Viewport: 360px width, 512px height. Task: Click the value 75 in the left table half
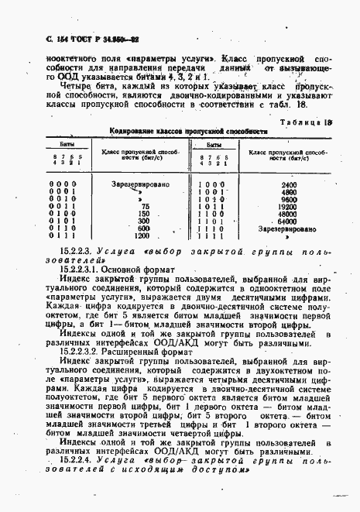[142, 208]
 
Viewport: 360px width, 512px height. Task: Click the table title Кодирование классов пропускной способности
[187, 132]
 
